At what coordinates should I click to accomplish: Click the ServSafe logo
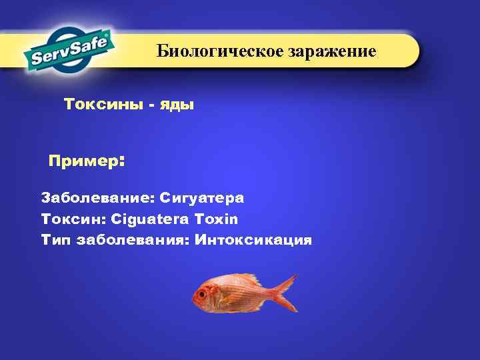[x=71, y=50]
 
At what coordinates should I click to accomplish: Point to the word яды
[x=177, y=105]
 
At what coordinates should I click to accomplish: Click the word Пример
[x=83, y=162]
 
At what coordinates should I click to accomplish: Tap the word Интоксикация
[x=253, y=240]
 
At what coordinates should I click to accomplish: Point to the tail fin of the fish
[x=287, y=293]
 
